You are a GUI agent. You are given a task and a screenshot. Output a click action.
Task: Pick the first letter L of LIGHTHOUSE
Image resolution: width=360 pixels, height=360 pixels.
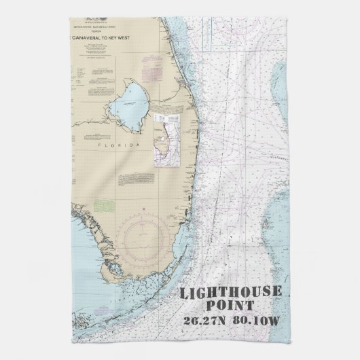(x=181, y=293)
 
